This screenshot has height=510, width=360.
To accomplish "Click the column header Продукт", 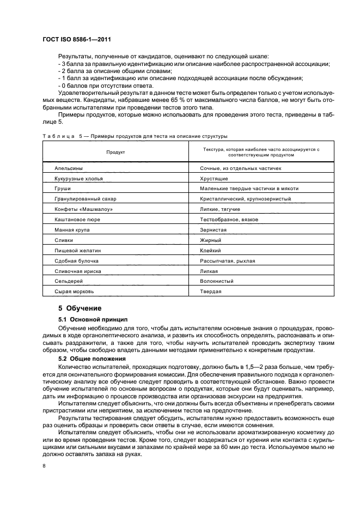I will point(115,152).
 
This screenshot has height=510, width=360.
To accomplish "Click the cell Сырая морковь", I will point(71,292).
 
